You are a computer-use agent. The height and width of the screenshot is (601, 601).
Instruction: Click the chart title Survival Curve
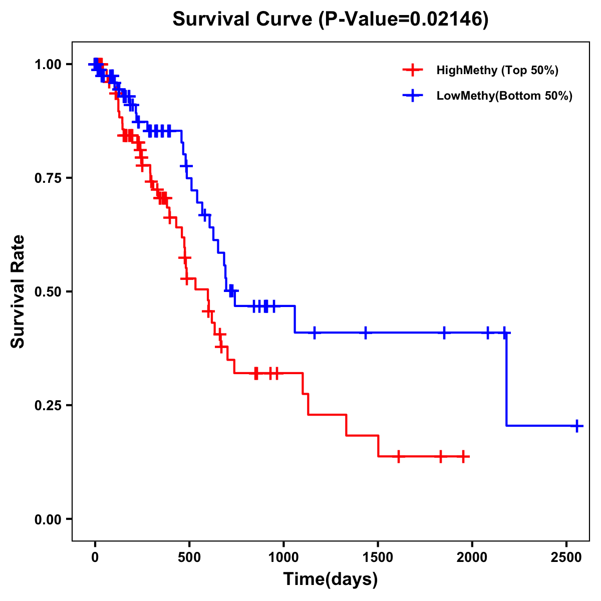[x=244, y=19]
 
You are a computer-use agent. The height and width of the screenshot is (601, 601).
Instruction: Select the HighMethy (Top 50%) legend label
[x=497, y=70]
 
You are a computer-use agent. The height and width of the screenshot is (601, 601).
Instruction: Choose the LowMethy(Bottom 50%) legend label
[x=504, y=96]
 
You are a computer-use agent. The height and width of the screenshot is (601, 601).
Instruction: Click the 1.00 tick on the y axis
[x=49, y=65]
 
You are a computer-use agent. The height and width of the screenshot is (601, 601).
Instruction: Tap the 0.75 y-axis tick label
[x=49, y=178]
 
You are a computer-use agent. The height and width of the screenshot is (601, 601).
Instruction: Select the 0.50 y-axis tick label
[x=49, y=291]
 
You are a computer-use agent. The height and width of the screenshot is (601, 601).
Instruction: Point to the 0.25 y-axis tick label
[x=49, y=405]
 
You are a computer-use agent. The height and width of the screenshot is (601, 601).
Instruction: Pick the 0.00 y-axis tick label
[x=49, y=519]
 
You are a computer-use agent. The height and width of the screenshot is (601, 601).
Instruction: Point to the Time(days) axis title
[x=331, y=579]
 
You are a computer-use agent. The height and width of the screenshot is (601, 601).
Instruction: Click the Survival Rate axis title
[x=18, y=291]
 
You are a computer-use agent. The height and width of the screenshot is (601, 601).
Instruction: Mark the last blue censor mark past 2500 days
[x=577, y=426]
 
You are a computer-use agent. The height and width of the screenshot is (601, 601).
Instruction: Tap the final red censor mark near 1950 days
[x=464, y=456]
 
